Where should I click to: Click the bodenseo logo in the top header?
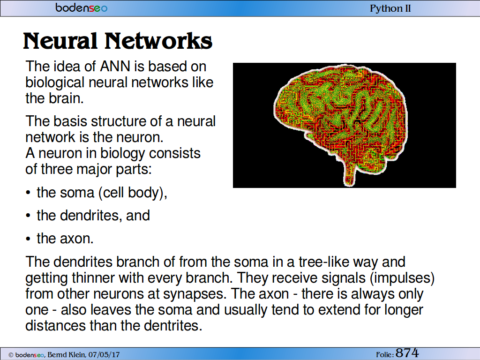(x=82, y=7)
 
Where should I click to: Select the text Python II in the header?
(x=390, y=8)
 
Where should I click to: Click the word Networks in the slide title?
(x=158, y=41)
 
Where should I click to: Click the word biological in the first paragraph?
(x=55, y=82)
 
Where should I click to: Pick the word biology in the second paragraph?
(x=122, y=153)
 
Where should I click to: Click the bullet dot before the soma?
(x=28, y=193)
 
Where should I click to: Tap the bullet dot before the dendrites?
(x=28, y=216)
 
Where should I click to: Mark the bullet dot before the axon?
(x=28, y=239)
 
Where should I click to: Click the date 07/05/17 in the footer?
(x=104, y=355)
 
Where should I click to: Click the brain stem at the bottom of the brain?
(x=349, y=174)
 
